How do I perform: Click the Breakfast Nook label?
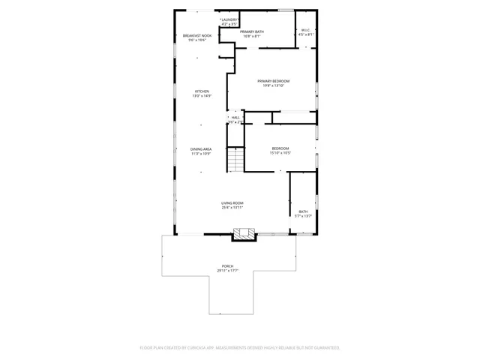coord(196,36)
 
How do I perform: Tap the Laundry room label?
coord(229,19)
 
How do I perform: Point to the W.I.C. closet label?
coord(306,31)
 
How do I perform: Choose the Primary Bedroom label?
coord(273,81)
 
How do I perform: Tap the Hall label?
coord(235,118)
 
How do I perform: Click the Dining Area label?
coord(201,149)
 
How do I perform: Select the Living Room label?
coord(232,203)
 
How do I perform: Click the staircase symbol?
coord(236,159)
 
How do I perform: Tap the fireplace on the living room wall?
coord(241,235)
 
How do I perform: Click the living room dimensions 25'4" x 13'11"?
coord(232,208)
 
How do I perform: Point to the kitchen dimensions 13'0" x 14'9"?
coord(202,96)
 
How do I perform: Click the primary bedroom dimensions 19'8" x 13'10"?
coord(273,85)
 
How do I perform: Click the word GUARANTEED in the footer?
coord(324,348)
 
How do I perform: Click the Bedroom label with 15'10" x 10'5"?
coord(280,148)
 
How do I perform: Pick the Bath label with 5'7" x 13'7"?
coord(303,211)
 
